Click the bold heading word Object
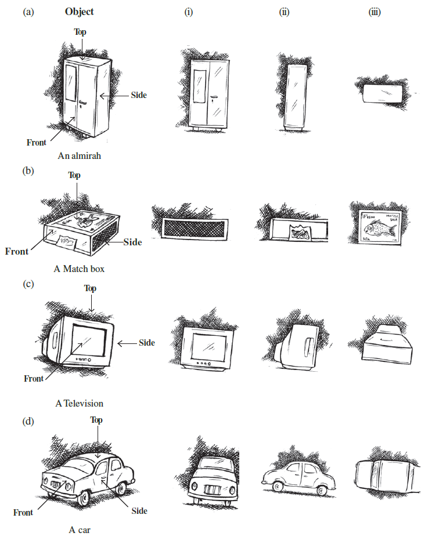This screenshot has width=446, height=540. [x=79, y=12]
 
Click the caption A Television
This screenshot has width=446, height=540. [x=79, y=403]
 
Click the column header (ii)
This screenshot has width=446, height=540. [x=284, y=12]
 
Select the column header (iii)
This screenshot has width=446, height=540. [x=375, y=12]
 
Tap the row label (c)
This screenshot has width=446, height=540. [x=28, y=284]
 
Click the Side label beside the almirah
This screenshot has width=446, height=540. [x=138, y=95]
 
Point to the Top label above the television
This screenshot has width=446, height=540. [x=90, y=288]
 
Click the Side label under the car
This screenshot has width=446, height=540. [x=139, y=510]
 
